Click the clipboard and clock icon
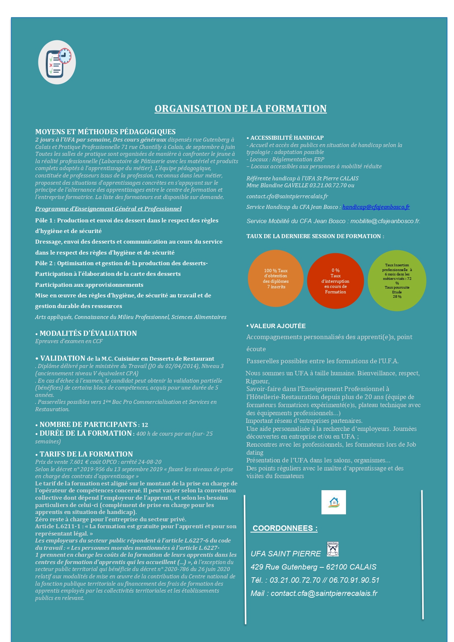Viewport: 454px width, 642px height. (x=57, y=62)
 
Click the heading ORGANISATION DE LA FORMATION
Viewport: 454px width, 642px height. (x=241, y=109)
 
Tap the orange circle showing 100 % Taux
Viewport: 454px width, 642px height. (x=276, y=278)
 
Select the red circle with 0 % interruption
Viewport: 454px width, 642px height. (x=335, y=281)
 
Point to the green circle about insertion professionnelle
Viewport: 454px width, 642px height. (x=397, y=281)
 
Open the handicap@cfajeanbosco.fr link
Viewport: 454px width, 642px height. (x=376, y=207)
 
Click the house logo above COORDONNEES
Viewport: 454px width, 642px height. (x=334, y=502)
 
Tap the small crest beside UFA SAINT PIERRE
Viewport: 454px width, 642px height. (x=333, y=549)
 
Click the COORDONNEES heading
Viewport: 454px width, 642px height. (x=285, y=528)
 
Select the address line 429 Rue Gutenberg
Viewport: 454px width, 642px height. (x=313, y=567)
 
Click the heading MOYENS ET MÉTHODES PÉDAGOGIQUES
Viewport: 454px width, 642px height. (x=105, y=132)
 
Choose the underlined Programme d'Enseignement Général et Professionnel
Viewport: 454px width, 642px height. (x=108, y=209)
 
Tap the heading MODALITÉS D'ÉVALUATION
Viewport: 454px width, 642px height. (x=88, y=333)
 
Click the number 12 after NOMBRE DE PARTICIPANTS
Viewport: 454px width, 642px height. (x=145, y=425)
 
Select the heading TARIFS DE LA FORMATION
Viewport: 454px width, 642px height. (x=86, y=454)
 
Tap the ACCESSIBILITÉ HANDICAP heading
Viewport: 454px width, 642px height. (x=287, y=138)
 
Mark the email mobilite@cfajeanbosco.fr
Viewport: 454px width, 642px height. (x=385, y=221)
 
